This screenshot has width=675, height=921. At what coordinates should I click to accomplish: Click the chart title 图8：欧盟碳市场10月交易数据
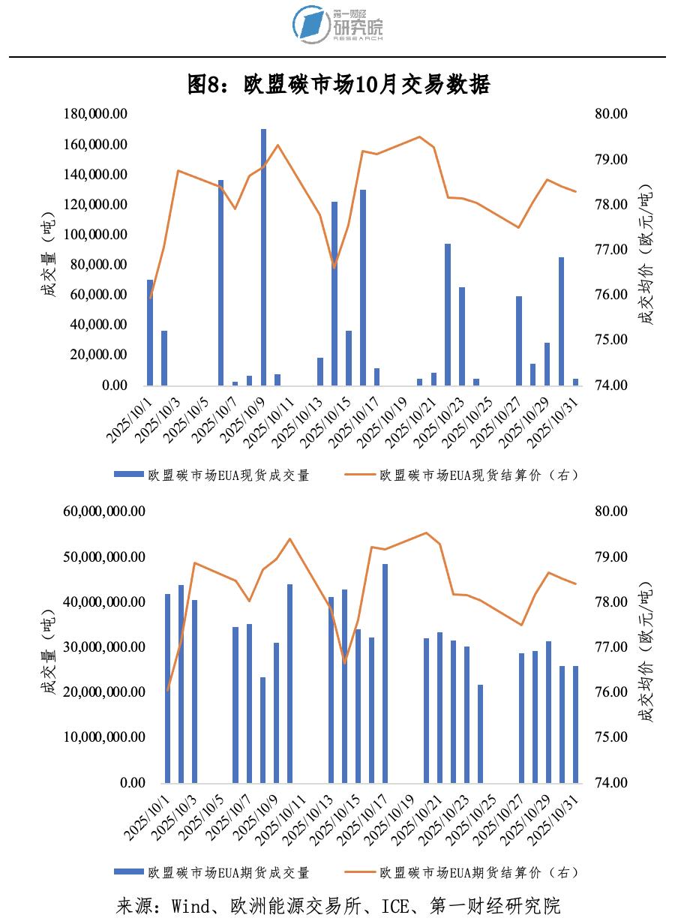tap(338, 85)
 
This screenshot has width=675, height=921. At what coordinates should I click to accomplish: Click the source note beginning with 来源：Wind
tap(338, 905)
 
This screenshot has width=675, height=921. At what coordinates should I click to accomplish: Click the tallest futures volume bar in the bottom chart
tap(385, 673)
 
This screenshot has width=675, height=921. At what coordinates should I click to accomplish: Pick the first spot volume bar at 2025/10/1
tap(150, 332)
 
